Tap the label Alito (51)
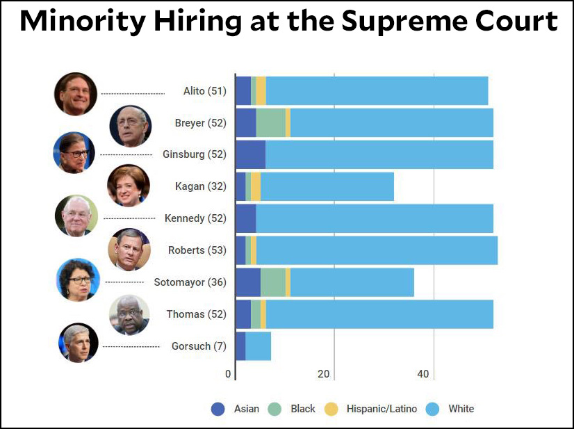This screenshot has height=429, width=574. pyautogui.click(x=204, y=90)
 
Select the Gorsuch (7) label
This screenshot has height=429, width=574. pyautogui.click(x=199, y=346)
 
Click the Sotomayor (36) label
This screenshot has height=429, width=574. pyautogui.click(x=190, y=282)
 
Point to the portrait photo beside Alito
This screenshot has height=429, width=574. pyautogui.click(x=76, y=93)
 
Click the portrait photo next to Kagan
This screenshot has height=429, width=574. pyautogui.click(x=129, y=186)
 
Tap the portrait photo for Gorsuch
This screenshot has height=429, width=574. pyautogui.click(x=79, y=343)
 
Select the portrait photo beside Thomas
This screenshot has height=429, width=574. pyautogui.click(x=130, y=314)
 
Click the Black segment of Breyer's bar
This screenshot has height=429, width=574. pyautogui.click(x=270, y=123)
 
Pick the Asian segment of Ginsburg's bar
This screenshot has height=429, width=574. pyautogui.click(x=250, y=154)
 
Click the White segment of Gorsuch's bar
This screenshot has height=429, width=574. pyautogui.click(x=258, y=346)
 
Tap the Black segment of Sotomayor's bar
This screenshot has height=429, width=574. pyautogui.click(x=272, y=282)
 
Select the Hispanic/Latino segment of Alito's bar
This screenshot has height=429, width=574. pyautogui.click(x=261, y=90)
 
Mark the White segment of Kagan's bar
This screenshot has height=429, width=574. pyautogui.click(x=327, y=186)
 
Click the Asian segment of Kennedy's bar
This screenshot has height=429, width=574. pyautogui.click(x=245, y=218)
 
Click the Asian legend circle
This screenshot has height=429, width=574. pyautogui.click(x=218, y=409)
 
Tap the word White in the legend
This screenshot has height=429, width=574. pyautogui.click(x=461, y=409)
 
